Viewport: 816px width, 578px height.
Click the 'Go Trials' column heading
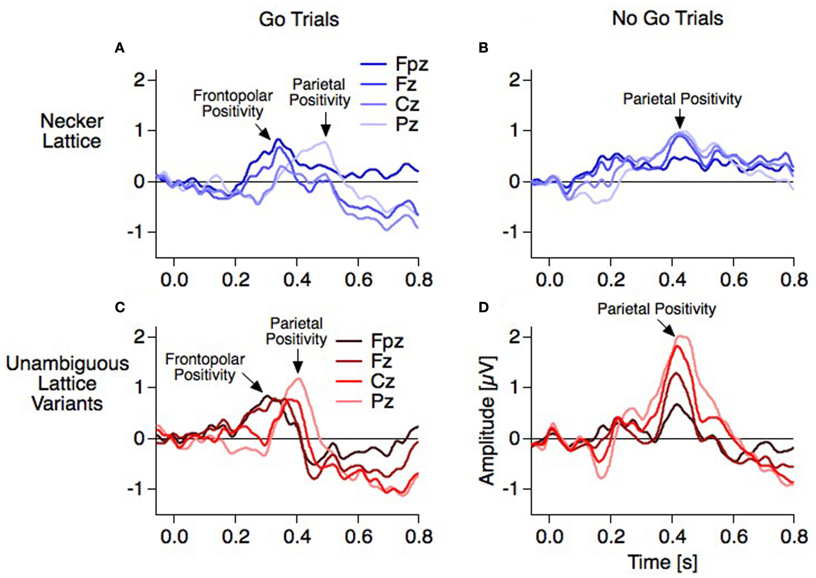point(299,20)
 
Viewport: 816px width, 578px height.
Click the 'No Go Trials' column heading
point(667,19)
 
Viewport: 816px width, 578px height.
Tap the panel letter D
point(483,308)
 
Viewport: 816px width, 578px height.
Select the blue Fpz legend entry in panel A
point(393,64)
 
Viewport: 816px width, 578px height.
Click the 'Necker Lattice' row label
point(71,131)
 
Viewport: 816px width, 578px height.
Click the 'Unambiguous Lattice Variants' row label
point(67,384)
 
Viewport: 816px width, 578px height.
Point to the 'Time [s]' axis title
point(663,563)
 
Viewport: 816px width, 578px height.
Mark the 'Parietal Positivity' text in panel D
point(656,309)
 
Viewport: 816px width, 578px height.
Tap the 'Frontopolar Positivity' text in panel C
point(205,367)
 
